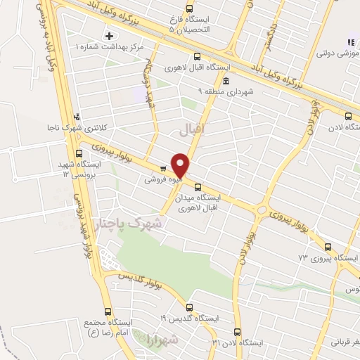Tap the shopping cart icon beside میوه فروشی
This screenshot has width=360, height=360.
tap(163, 168)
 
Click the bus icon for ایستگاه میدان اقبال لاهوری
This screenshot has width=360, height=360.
tap(198, 187)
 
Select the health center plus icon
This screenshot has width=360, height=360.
tap(109, 35)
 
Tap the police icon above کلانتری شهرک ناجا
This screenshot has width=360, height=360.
tap(77, 117)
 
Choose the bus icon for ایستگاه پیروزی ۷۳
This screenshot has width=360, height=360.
tap(328, 246)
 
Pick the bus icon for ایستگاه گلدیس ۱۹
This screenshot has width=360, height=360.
tap(188, 307)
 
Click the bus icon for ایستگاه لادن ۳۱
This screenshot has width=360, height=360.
tap(236, 331)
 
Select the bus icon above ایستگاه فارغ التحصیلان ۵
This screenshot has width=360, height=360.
tap(197, 56)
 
